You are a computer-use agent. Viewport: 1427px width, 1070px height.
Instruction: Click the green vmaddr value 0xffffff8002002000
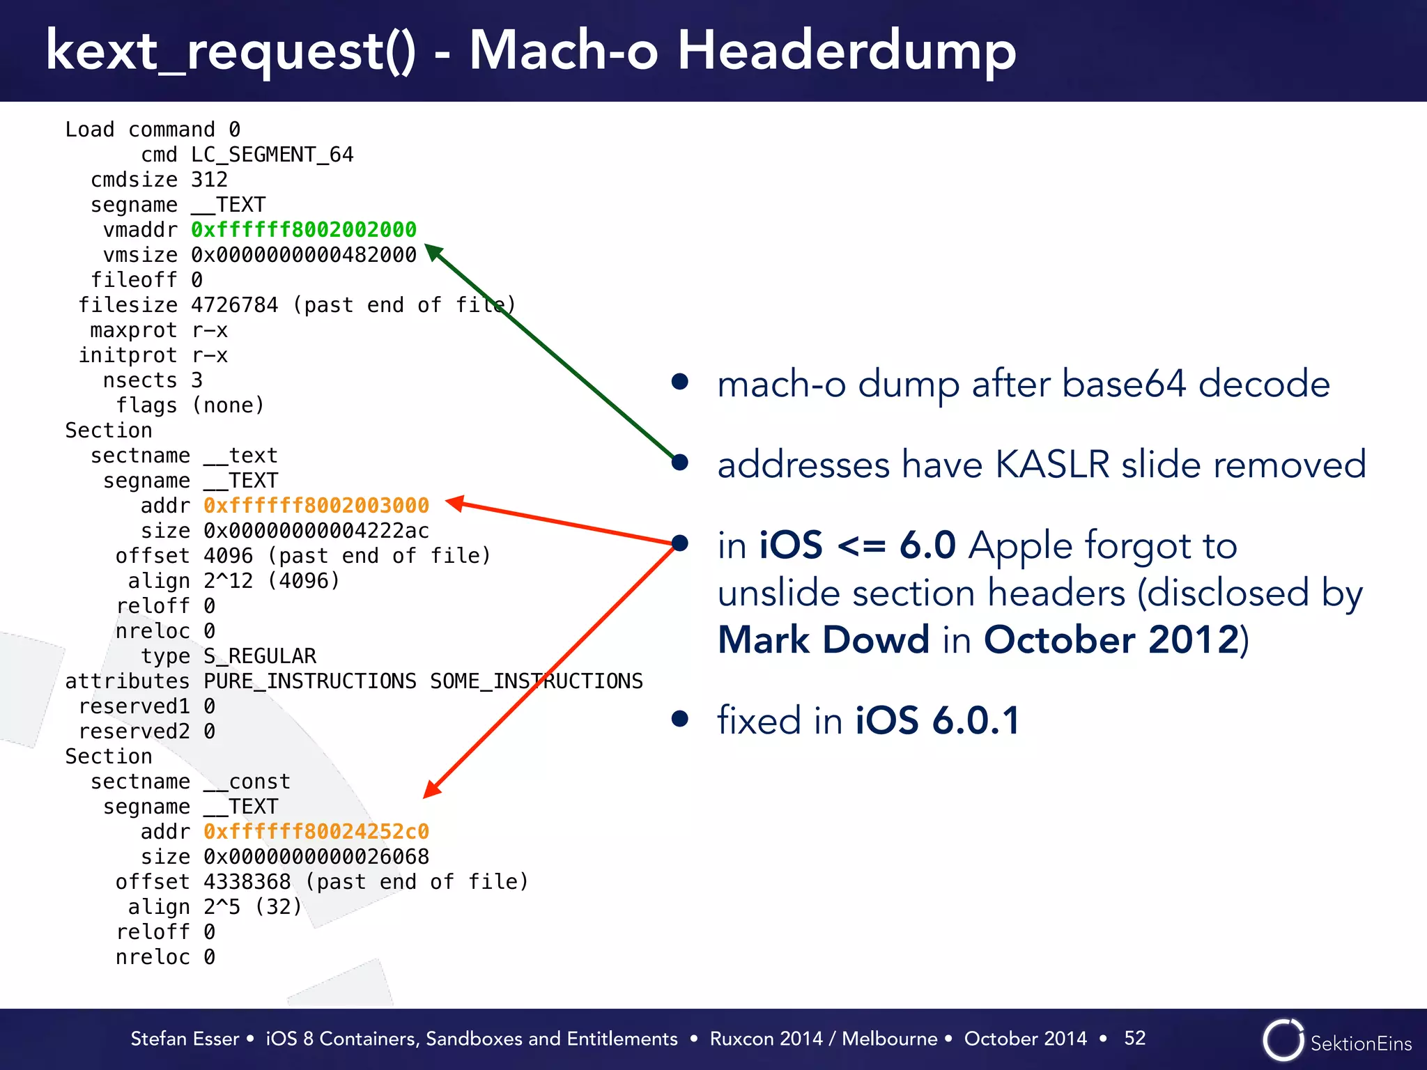(304, 230)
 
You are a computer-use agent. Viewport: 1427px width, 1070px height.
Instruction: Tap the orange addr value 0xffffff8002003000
(316, 506)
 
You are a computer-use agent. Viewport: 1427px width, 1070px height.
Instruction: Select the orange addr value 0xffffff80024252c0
(316, 832)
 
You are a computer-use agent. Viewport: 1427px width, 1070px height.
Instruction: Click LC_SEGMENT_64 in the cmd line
(272, 155)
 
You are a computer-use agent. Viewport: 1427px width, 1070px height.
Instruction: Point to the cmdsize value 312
(209, 180)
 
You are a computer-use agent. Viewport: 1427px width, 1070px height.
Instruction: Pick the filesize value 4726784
(234, 305)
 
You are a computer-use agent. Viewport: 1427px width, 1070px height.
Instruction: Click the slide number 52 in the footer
(1134, 1038)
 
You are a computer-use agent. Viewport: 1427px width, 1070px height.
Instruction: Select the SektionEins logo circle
(1283, 1040)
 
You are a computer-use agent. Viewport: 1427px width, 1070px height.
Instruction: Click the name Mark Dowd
(824, 639)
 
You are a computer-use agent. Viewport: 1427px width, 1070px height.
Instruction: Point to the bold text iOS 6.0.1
(937, 720)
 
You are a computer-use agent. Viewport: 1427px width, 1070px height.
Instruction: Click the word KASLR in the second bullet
(1053, 465)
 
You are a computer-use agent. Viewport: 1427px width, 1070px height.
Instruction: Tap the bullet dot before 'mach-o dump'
(680, 382)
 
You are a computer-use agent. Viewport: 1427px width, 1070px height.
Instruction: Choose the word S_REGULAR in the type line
(260, 656)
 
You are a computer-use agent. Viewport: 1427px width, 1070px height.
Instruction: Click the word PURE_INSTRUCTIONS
(310, 681)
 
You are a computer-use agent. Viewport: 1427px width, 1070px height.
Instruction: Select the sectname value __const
(247, 782)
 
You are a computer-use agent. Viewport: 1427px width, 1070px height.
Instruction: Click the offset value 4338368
(247, 882)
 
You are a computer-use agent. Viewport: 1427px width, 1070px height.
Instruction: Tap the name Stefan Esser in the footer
(185, 1039)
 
